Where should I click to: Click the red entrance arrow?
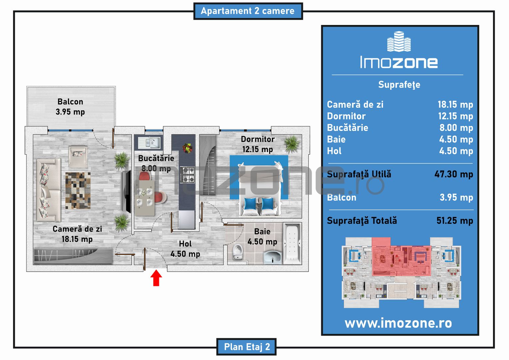(156, 278)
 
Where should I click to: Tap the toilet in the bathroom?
(238, 252)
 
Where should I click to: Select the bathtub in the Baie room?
(292, 244)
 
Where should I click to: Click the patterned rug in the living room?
(78, 190)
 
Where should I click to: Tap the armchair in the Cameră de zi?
(78, 156)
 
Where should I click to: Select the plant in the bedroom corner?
(292, 144)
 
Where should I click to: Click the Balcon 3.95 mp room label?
(70, 107)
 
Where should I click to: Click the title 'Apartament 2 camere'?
(248, 11)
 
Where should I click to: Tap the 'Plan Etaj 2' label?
(247, 347)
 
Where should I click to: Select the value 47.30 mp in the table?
(454, 174)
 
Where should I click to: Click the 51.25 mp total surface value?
(455, 221)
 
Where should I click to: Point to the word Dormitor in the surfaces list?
(346, 116)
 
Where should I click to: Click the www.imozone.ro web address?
(398, 323)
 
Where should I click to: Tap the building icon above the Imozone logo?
(399, 41)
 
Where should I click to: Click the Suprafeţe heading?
(399, 85)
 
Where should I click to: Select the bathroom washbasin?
(272, 257)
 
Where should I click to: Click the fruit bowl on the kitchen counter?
(188, 148)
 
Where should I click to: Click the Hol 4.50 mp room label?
(185, 249)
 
